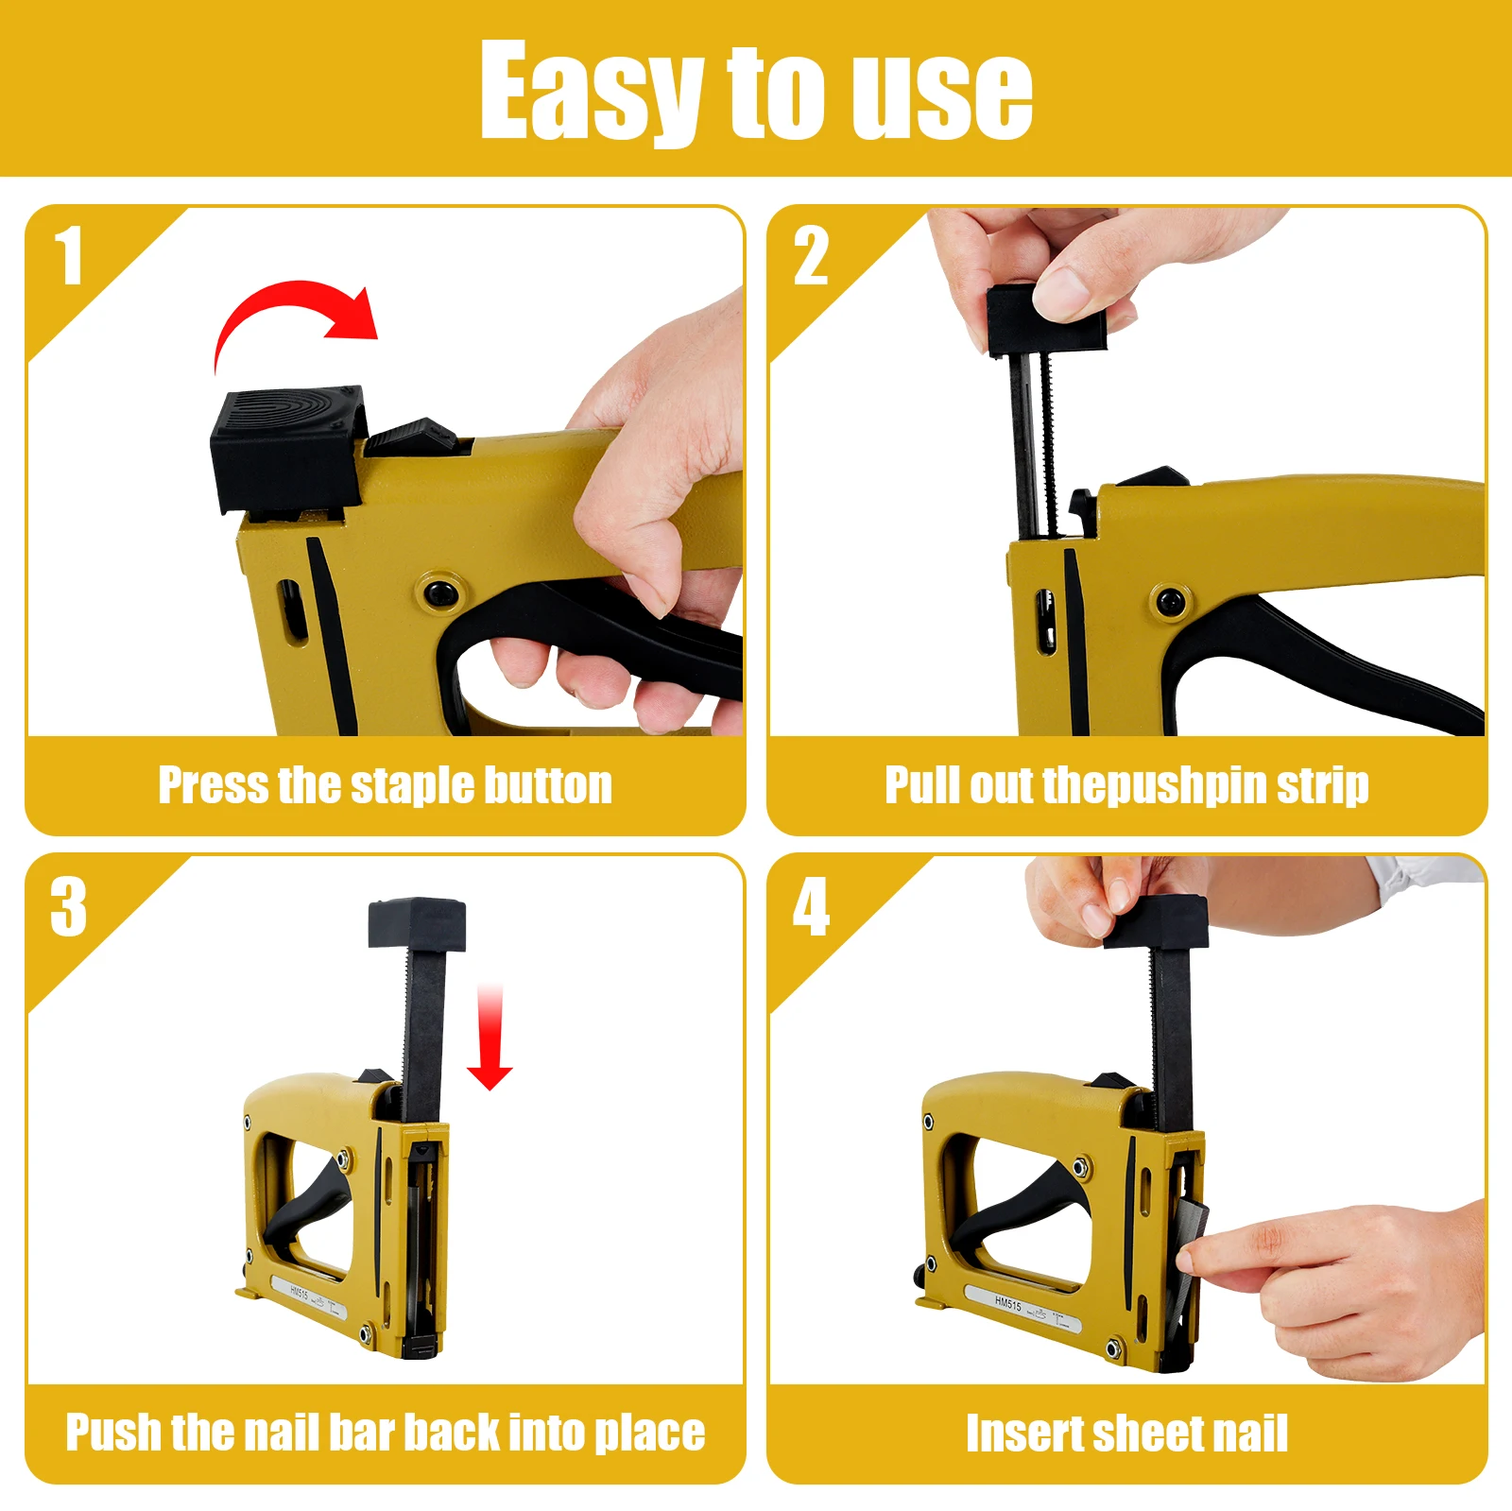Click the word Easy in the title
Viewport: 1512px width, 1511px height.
591,93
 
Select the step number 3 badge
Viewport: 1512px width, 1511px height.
68,907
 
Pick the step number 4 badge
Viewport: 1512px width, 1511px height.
811,907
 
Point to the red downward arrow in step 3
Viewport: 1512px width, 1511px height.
490,1039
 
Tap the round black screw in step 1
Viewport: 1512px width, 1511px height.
440,593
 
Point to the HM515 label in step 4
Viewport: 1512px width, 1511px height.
1008,1304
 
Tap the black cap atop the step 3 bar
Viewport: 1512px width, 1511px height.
417,923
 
